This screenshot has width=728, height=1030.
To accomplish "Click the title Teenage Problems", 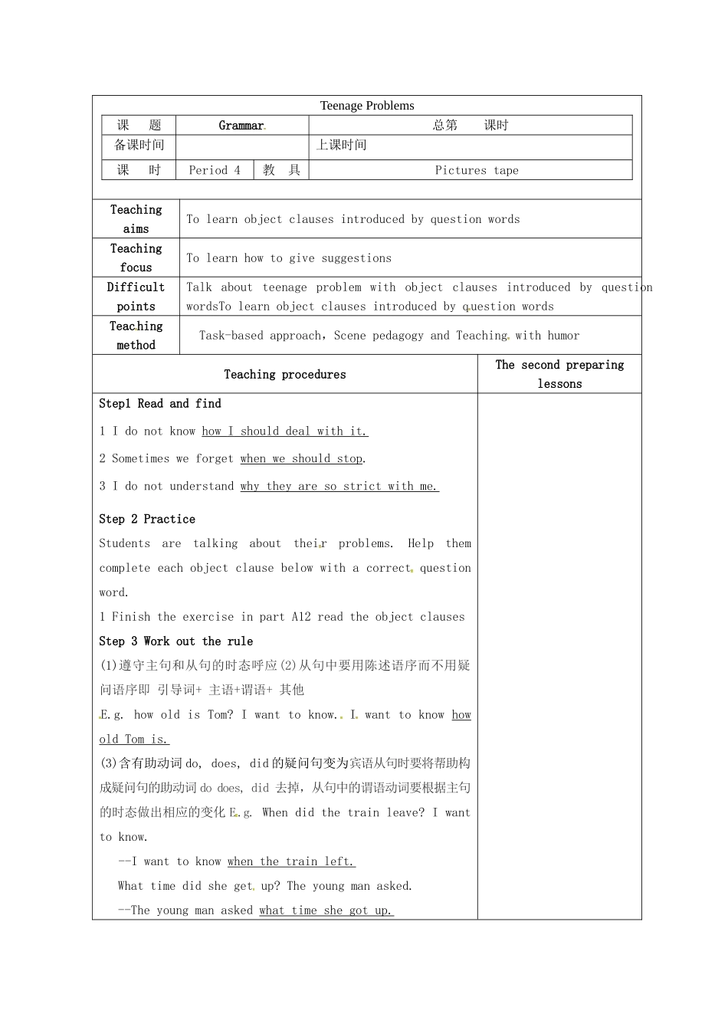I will pos(367,106).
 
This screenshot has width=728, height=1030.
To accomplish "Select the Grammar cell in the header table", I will pos(241,126).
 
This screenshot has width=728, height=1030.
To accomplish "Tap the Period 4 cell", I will pos(215,170).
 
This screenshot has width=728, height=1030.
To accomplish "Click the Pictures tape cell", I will pos(477,170).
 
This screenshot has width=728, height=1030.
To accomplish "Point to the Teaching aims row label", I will pos(136,219).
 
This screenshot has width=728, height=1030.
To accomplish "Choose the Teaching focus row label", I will pos(136,257).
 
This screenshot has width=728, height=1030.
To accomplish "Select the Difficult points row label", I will pos(136,297).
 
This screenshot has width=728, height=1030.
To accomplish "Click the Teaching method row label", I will pos(136,336).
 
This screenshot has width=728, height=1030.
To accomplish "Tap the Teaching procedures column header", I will pos(285,374).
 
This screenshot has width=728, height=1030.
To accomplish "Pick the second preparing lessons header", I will pos(559,374).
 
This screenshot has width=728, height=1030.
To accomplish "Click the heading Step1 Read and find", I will pos(160,403).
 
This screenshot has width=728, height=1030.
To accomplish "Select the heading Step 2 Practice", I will pos(147,519).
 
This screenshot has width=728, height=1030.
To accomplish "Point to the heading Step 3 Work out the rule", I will pos(175,641).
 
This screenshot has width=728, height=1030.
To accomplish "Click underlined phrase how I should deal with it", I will pos(285,431).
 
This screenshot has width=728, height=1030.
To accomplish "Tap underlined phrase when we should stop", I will pos(301,458).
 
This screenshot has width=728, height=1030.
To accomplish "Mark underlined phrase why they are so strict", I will pos(339,486).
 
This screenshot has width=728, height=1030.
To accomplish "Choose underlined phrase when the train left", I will pos(291,861).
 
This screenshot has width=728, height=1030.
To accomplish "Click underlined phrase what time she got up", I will pos(326,910).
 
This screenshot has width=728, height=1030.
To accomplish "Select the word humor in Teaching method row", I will pos(563,336).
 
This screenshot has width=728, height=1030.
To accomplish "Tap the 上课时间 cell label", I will pos(342,145).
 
